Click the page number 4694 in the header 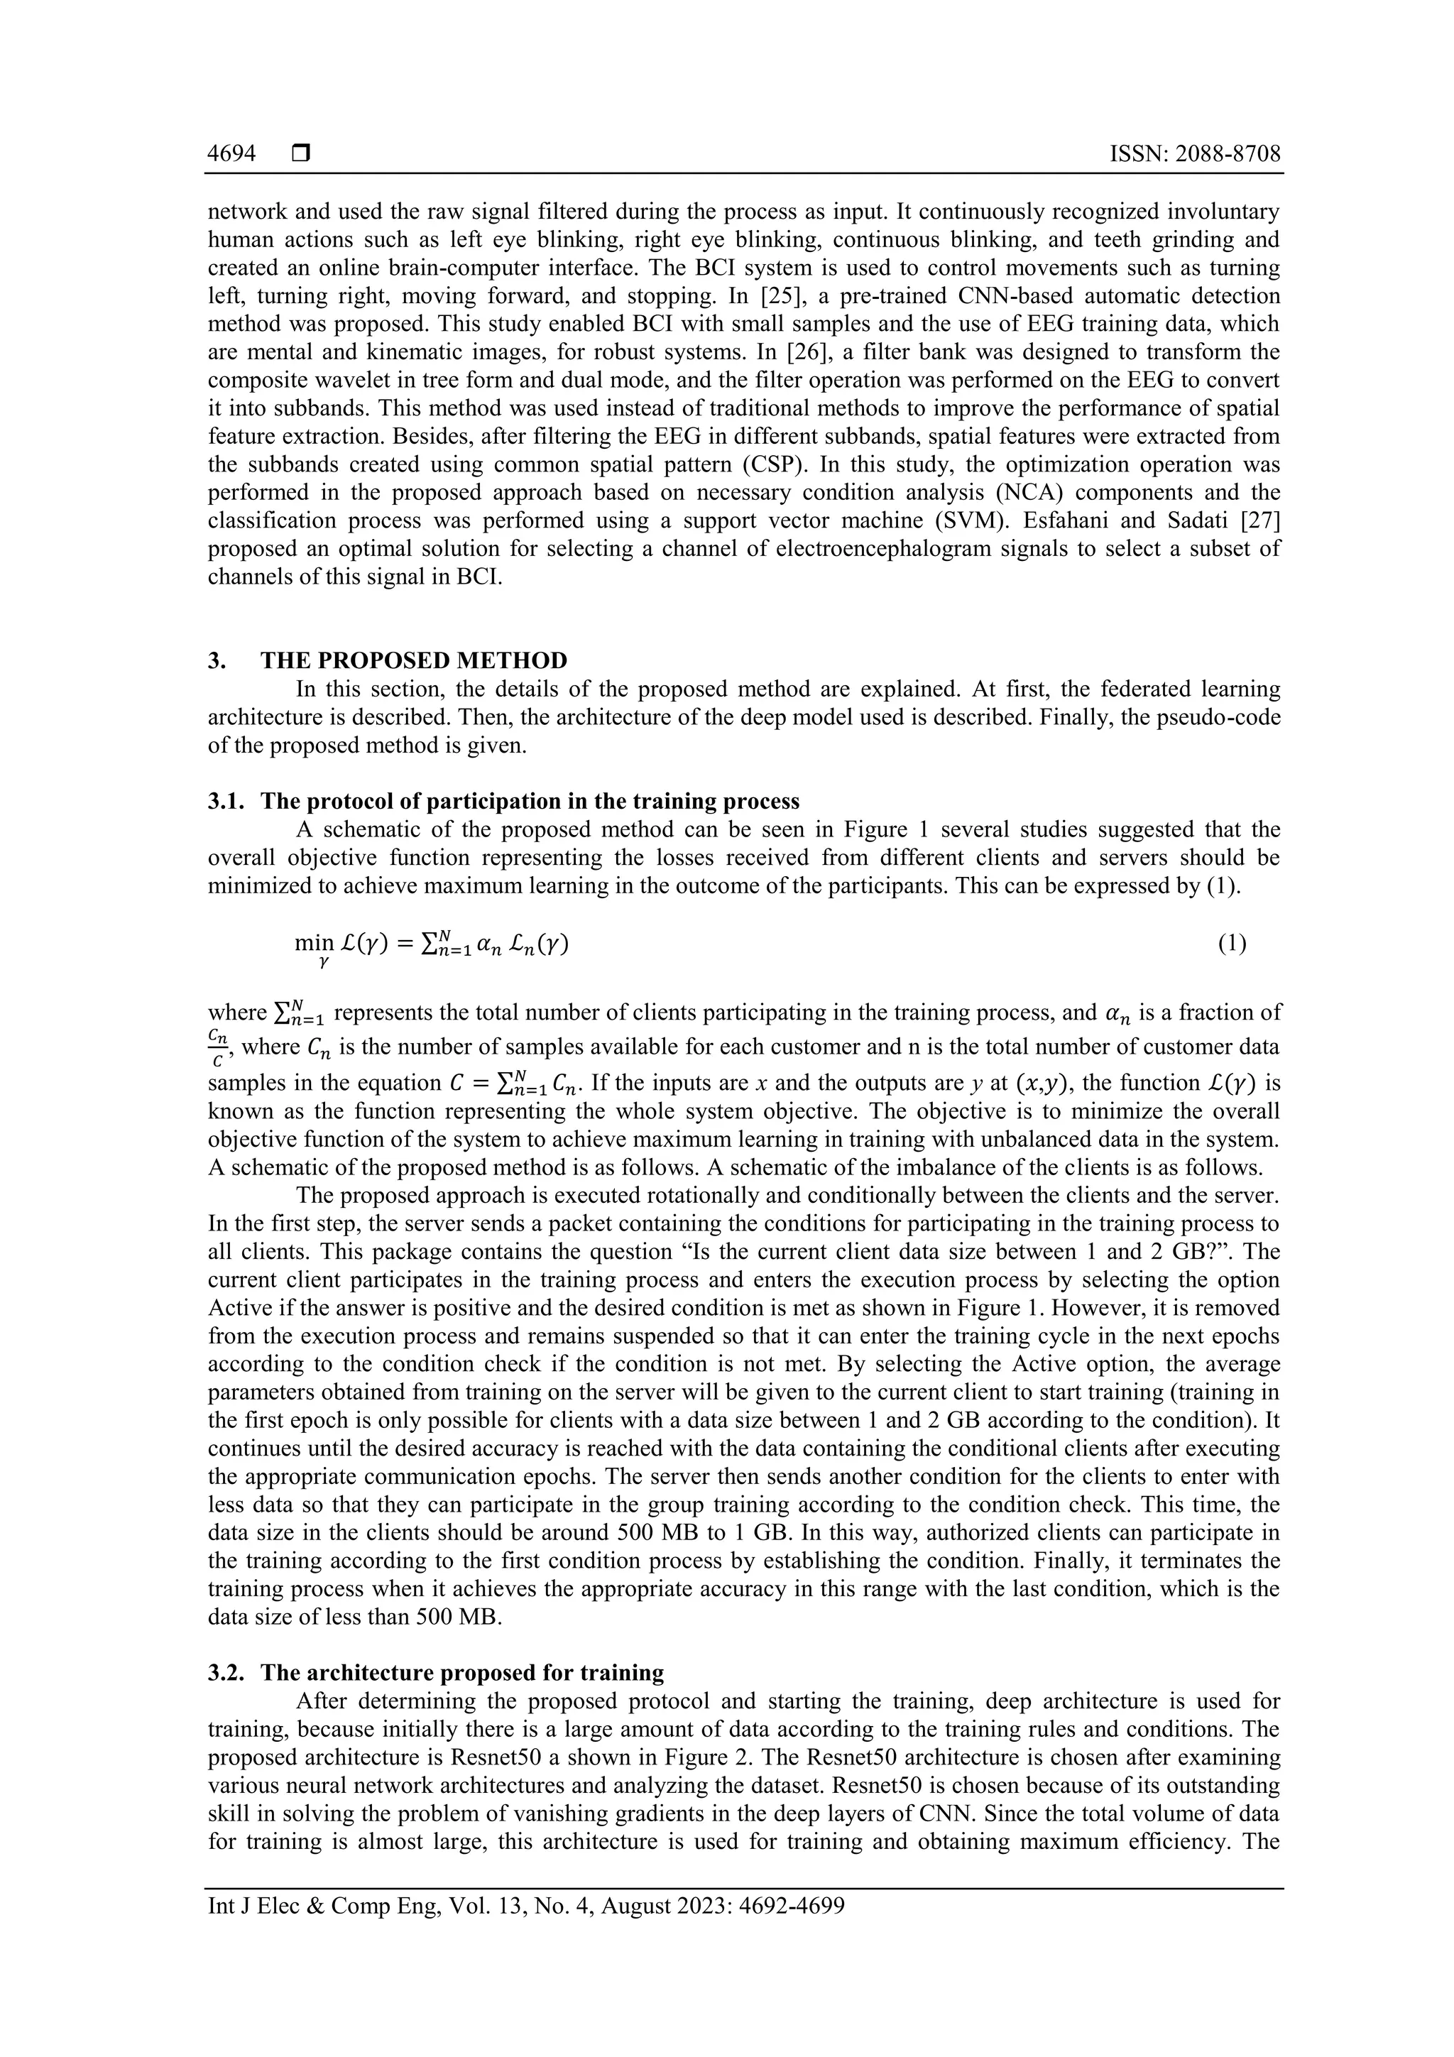click(231, 154)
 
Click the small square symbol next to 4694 click(300, 154)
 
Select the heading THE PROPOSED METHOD click(414, 660)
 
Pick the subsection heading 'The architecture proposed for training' click(462, 1673)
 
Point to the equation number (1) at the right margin click(1232, 944)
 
